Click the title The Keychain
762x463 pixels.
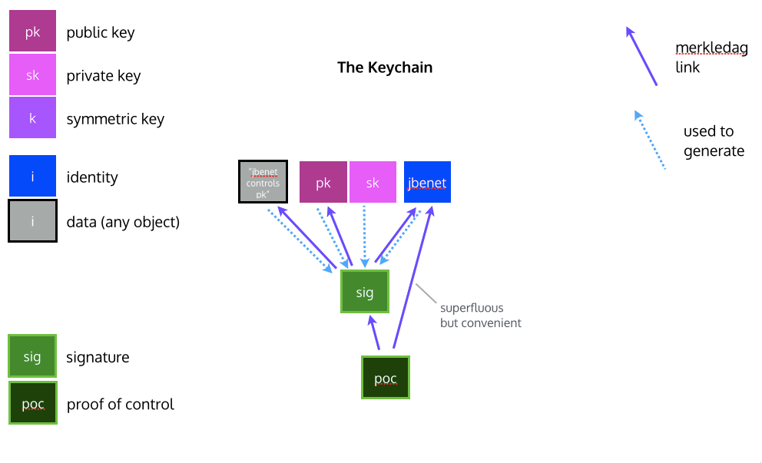point(385,68)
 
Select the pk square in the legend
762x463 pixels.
point(32,32)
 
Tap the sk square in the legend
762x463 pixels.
point(32,75)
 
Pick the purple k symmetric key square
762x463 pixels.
point(32,118)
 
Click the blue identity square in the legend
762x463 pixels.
point(32,177)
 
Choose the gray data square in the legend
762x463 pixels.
point(32,221)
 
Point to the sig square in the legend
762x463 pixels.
point(32,357)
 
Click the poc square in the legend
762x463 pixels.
point(32,403)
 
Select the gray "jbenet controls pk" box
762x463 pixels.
point(263,182)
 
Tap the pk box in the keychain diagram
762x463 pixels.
point(323,182)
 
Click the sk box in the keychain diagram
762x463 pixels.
point(373,182)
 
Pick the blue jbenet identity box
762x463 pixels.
point(427,182)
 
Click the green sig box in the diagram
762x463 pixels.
point(365,292)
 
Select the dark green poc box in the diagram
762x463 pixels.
point(385,378)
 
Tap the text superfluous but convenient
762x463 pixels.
point(480,316)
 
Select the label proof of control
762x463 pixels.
point(121,404)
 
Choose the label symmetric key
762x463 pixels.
point(115,119)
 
